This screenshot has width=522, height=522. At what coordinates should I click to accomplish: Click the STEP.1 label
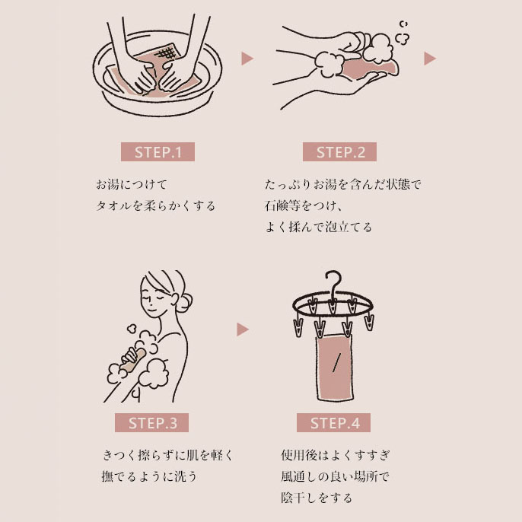point(158,151)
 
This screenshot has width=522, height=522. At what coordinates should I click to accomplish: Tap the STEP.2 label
point(340,151)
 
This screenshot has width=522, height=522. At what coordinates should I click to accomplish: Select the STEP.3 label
point(152,423)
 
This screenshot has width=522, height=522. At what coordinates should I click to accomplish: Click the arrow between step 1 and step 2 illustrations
point(247,58)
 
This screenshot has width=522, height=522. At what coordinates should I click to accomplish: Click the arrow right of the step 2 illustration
point(429,58)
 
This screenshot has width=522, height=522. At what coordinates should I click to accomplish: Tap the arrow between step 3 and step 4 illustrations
point(243,329)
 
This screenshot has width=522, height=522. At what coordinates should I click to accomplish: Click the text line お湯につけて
point(131,185)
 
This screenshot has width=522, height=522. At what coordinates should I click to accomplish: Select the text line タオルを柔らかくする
point(155,205)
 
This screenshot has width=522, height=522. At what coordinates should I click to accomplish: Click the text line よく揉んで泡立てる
point(319,227)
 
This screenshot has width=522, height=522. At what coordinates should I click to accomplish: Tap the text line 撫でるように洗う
point(149,477)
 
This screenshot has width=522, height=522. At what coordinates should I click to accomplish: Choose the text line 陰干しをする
point(317,498)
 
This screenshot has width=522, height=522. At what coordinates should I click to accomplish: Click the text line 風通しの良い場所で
point(335,477)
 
